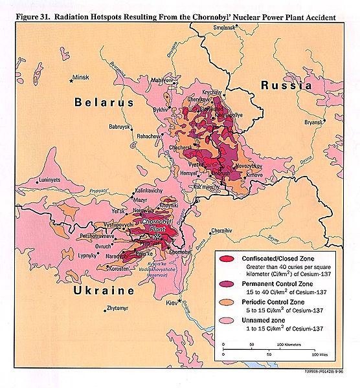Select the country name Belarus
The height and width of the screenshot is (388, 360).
point(104,103)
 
